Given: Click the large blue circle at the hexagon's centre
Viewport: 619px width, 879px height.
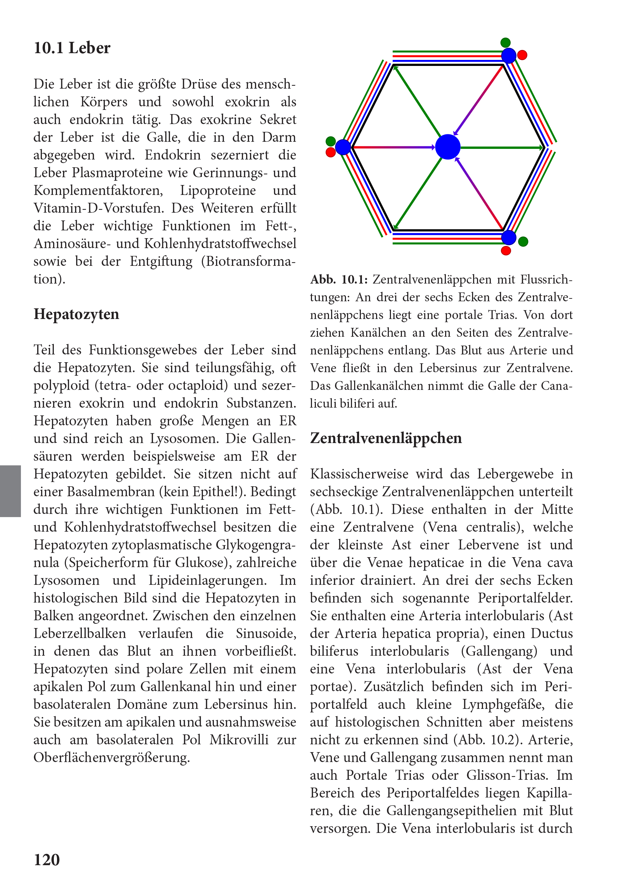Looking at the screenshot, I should click(x=448, y=147).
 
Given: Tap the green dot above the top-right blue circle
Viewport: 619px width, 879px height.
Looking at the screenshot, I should click(x=505, y=43).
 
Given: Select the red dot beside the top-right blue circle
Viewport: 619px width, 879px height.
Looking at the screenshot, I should click(x=522, y=55).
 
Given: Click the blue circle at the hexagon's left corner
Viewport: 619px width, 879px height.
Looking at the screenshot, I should click(x=343, y=147).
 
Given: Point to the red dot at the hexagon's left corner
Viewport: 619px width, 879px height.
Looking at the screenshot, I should click(x=330, y=152).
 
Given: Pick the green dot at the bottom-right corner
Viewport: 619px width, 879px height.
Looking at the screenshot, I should click(x=523, y=242).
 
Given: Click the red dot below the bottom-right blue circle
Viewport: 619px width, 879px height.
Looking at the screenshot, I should click(x=506, y=251).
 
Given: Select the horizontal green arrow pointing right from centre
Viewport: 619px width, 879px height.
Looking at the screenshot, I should click(x=501, y=147).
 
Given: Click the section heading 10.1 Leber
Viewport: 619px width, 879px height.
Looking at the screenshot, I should click(x=72, y=48).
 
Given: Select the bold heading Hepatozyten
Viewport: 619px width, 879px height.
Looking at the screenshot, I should click(x=76, y=314).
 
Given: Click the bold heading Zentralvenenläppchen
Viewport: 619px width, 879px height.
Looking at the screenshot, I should click(x=386, y=438).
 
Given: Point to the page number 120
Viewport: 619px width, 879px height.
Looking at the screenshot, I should click(x=47, y=860).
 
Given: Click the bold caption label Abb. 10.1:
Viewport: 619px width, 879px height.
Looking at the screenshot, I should click(x=339, y=280).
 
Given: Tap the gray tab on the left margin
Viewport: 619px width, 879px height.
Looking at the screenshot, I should click(x=10, y=491).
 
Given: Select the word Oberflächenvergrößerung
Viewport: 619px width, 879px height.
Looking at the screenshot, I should click(x=111, y=757).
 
